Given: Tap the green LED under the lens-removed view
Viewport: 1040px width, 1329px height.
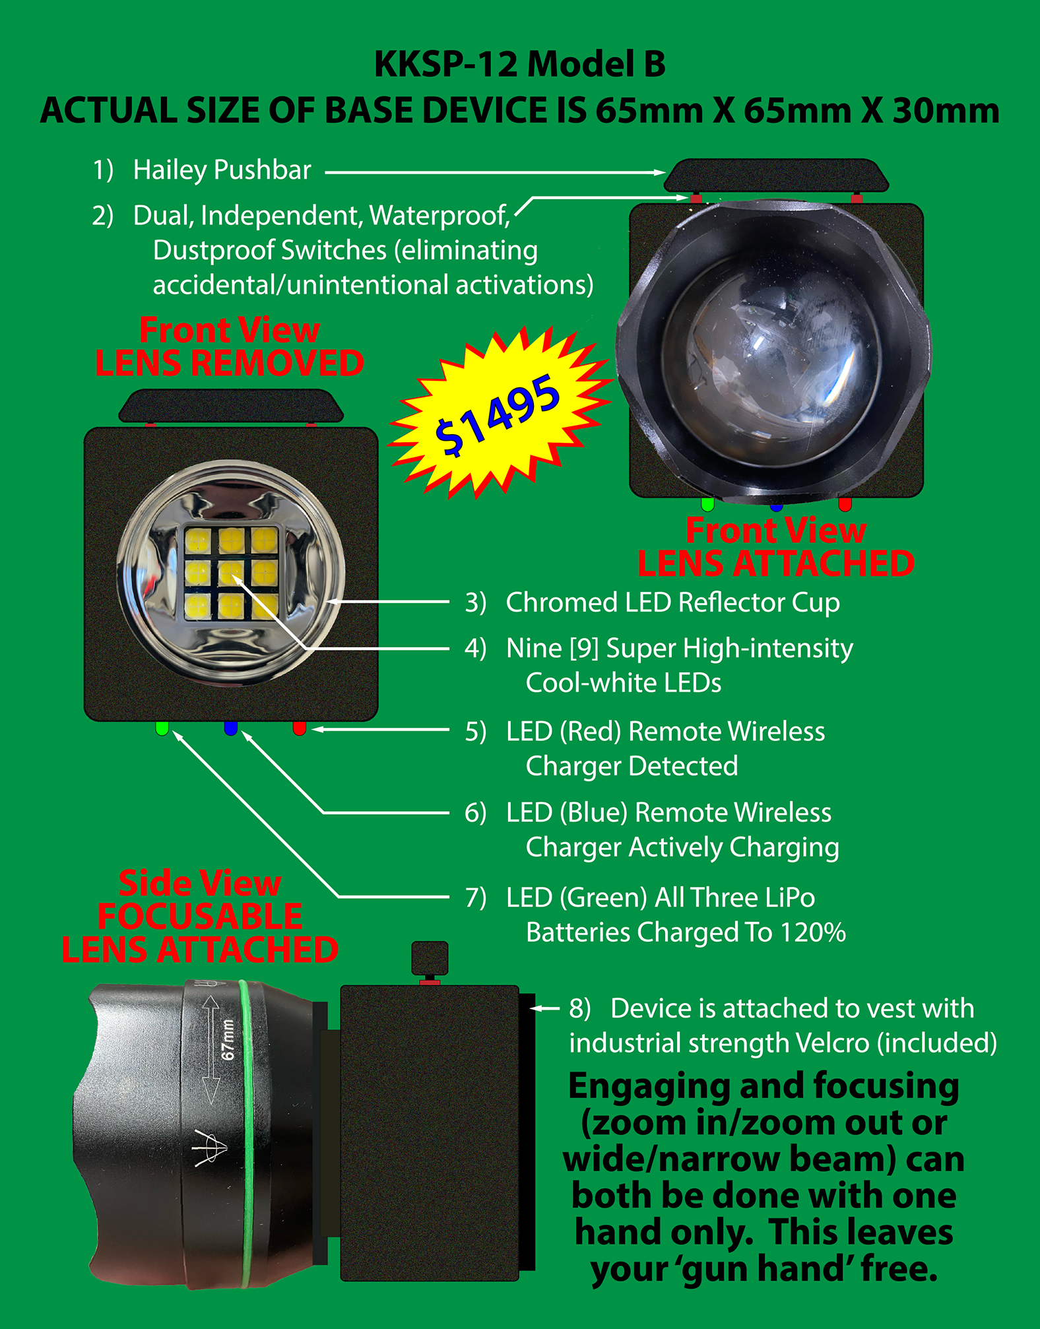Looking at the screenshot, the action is (162, 728).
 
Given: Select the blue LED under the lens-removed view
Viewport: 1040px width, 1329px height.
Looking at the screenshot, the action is (230, 728).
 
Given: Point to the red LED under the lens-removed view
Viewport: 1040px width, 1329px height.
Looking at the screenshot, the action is (299, 728).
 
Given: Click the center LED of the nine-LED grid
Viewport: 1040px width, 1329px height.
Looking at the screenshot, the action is (231, 572).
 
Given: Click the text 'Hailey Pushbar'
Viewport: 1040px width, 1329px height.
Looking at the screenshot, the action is (222, 170).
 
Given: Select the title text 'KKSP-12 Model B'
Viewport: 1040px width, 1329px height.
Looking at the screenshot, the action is (520, 65).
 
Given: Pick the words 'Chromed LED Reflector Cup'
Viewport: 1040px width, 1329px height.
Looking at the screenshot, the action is (672, 602).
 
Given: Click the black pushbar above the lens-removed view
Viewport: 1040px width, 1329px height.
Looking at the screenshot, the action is (231, 406).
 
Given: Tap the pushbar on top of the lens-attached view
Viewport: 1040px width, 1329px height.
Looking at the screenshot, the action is (776, 176).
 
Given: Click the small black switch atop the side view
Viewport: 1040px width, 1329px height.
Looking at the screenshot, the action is (430, 958).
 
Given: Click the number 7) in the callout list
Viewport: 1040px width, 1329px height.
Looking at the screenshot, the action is (475, 898).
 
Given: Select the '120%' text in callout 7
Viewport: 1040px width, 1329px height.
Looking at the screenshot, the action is (812, 932).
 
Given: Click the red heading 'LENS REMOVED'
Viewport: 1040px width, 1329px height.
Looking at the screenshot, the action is (230, 363).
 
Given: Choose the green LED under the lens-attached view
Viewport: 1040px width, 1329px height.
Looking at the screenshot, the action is (707, 504).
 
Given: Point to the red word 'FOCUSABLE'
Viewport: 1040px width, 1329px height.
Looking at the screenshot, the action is (200, 917).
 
